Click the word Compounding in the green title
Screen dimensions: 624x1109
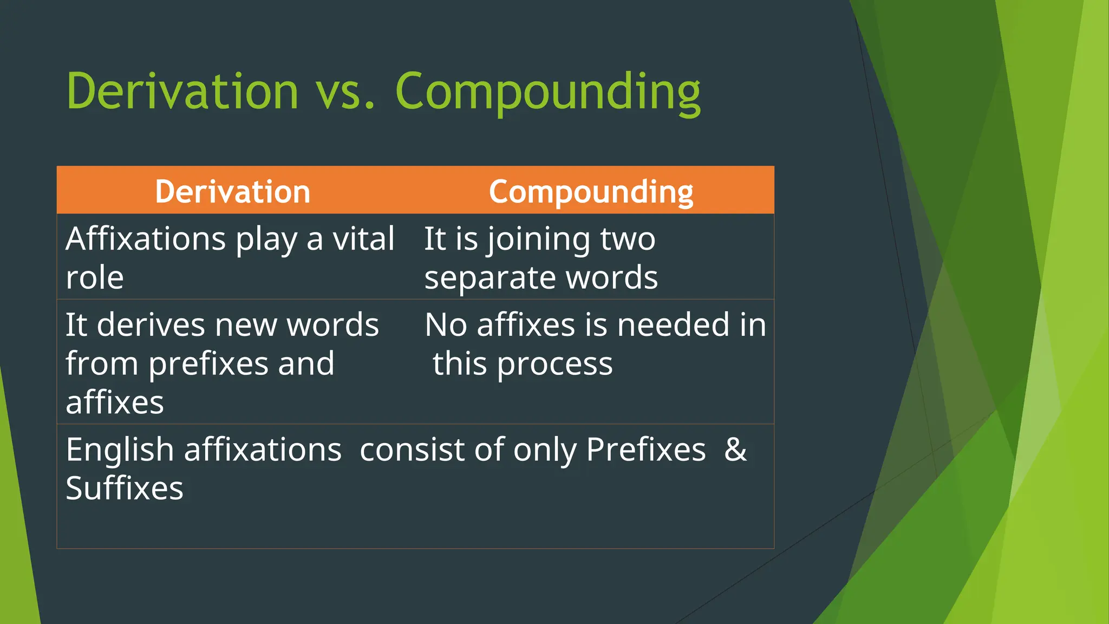pos(547,92)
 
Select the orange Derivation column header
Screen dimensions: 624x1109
pos(232,192)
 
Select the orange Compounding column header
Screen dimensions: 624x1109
pos(591,192)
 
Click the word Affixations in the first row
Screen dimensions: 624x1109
pos(146,239)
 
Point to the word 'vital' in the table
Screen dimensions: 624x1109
pos(363,239)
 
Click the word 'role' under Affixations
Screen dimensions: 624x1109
pos(95,278)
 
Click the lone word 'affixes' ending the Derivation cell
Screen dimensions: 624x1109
pos(115,402)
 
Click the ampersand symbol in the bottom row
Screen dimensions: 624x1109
pos(735,450)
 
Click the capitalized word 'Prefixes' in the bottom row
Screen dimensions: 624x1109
pos(645,450)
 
